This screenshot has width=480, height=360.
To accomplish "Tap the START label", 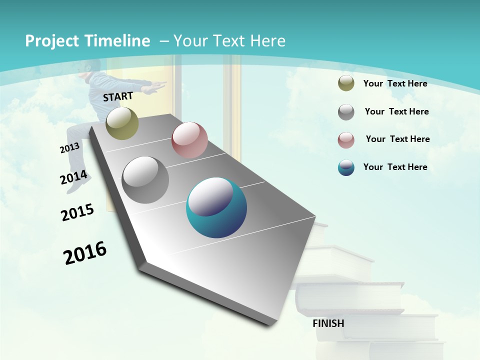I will (118, 96).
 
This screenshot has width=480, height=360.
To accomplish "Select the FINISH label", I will (328, 323).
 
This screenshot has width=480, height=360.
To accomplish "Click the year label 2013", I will (69, 148).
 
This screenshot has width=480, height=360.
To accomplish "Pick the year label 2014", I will (73, 177).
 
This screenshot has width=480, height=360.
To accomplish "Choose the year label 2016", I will (85, 253).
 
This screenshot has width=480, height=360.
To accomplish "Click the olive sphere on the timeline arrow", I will (122, 123).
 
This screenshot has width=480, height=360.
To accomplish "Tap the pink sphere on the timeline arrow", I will (189, 140).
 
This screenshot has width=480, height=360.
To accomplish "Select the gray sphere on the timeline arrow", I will (145, 180).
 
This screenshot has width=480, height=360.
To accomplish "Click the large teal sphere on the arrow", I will (216, 207).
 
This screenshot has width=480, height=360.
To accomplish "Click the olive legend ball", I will (346, 83).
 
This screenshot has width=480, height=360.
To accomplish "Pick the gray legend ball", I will (346, 112).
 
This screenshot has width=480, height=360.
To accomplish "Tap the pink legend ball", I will (346, 140).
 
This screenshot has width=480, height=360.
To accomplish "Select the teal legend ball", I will (346, 167).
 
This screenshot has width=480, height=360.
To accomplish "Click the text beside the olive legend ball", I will (395, 83).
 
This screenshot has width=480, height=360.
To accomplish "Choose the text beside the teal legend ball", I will (395, 167).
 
